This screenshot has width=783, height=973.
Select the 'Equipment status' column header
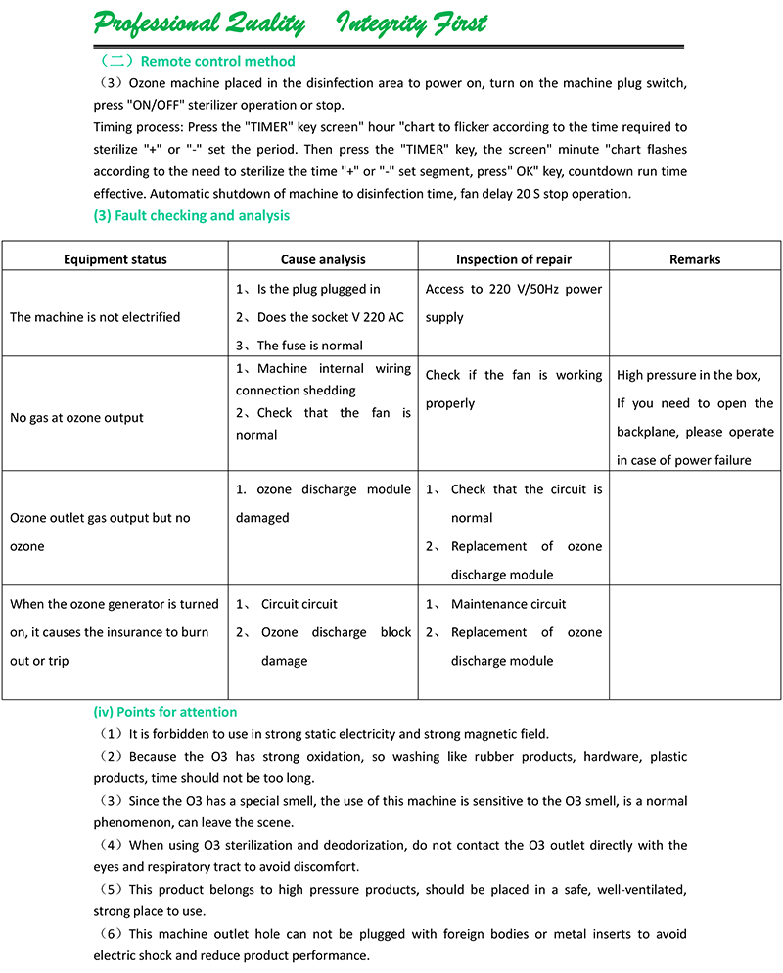(115, 259)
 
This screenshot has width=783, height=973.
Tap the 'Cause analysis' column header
(323, 259)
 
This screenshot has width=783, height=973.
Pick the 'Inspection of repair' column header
(514, 259)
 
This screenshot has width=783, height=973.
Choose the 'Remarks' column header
(695, 259)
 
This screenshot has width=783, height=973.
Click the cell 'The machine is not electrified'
(95, 317)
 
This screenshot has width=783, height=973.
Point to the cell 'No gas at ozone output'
(76, 418)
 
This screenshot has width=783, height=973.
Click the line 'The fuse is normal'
(309, 346)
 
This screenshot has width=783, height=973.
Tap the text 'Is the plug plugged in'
(318, 289)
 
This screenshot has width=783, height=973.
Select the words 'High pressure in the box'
(688, 375)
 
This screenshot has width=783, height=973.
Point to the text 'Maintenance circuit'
(508, 604)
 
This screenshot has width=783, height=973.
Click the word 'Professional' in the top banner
(157, 23)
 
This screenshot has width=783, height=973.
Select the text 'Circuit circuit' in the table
(299, 604)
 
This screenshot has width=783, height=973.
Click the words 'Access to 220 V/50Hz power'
(514, 289)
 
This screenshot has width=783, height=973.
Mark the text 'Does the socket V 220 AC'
(330, 317)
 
